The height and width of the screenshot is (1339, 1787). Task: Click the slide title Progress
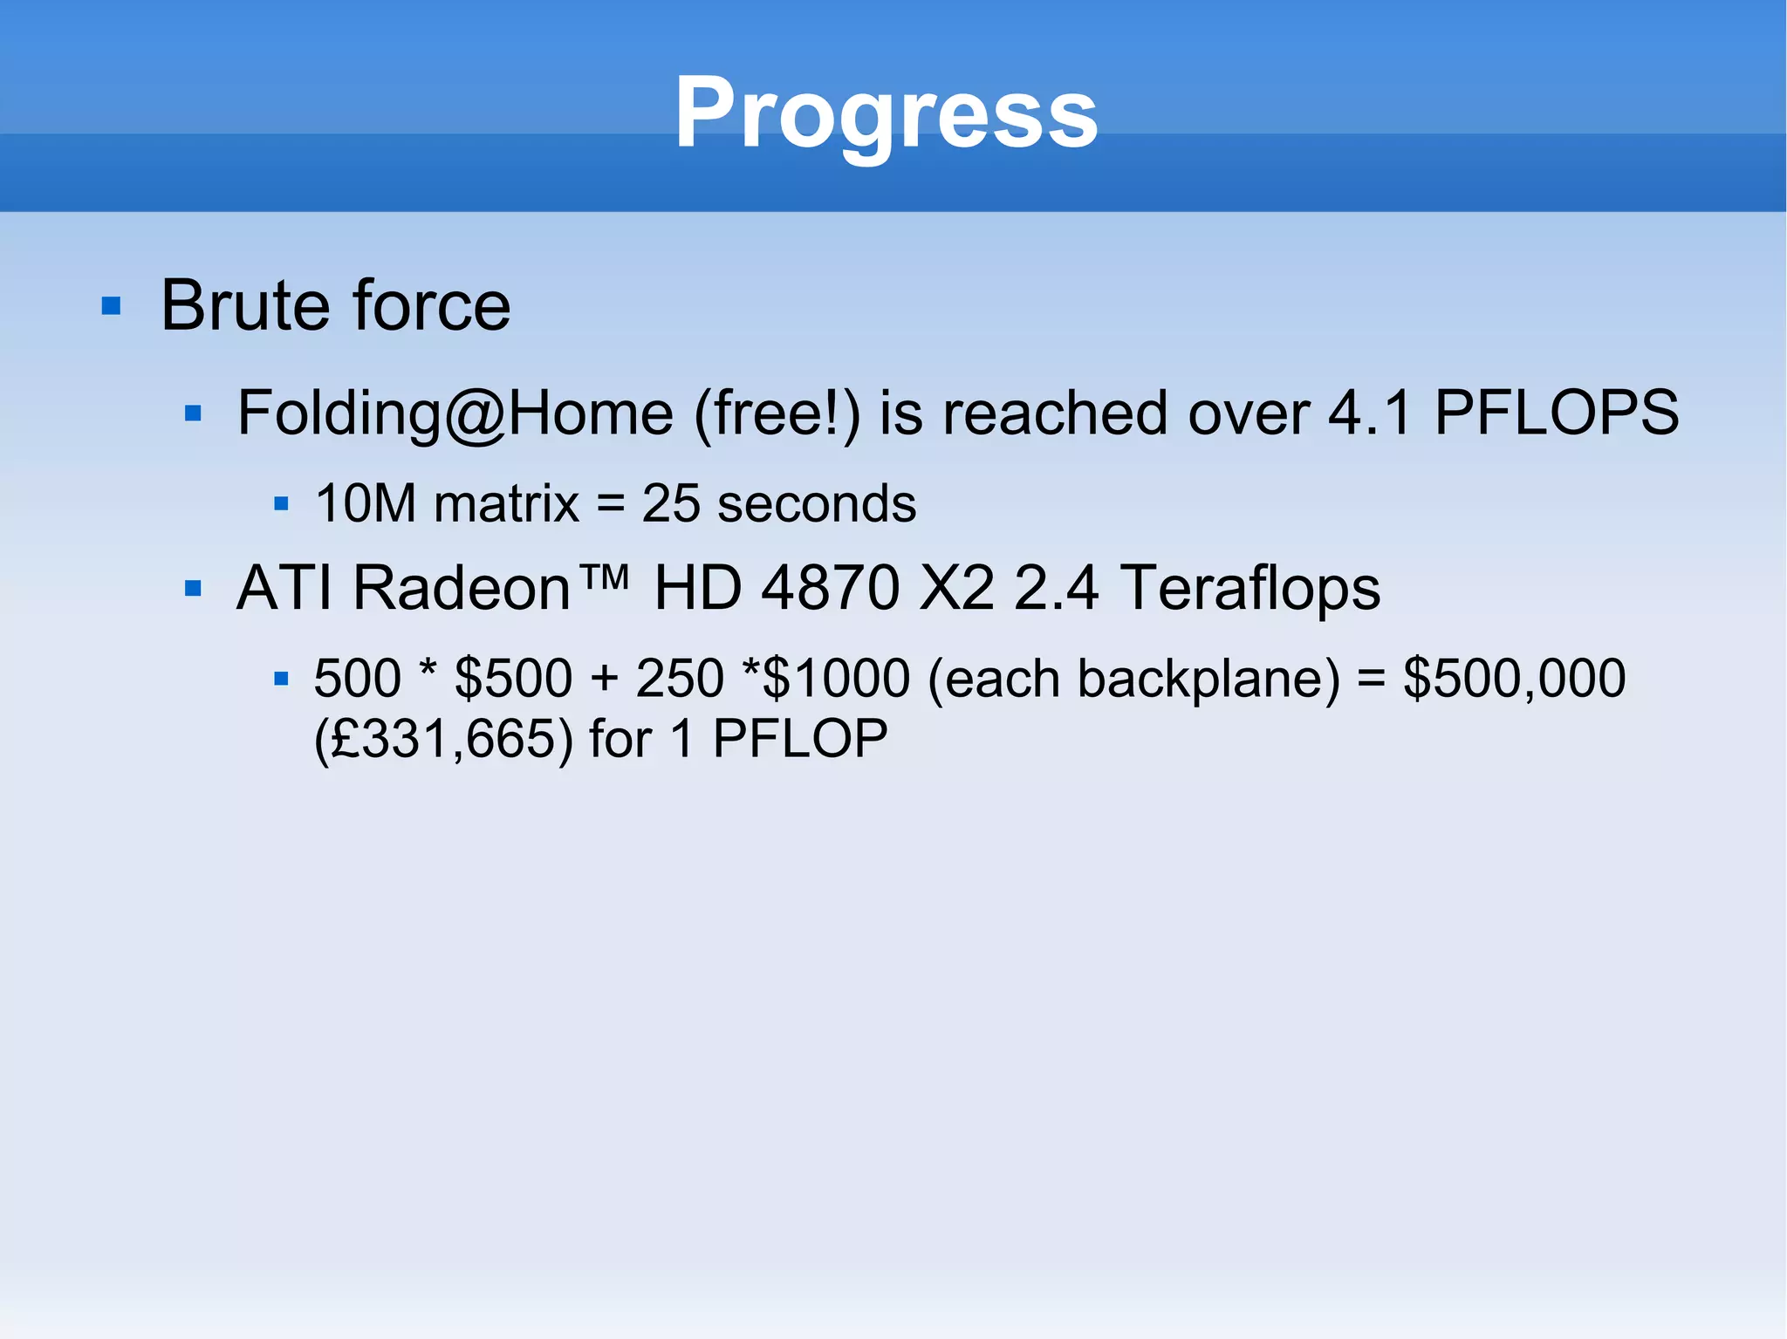pyautogui.click(x=886, y=113)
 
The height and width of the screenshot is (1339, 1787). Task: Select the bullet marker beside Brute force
pyautogui.click(x=111, y=306)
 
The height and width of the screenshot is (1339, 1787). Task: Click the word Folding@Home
pyautogui.click(x=455, y=413)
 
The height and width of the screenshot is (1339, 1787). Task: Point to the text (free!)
pyautogui.click(x=777, y=413)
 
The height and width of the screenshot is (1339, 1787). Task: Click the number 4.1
pyautogui.click(x=1368, y=413)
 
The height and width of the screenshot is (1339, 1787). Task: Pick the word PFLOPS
pyautogui.click(x=1557, y=413)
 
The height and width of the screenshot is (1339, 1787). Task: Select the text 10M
pyautogui.click(x=366, y=504)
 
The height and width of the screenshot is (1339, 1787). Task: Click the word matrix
pyautogui.click(x=506, y=504)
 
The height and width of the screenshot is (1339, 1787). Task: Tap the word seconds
pyautogui.click(x=817, y=504)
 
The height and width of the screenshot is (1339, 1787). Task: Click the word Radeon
pyautogui.click(x=462, y=588)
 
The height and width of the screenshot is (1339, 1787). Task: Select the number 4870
pyautogui.click(x=830, y=588)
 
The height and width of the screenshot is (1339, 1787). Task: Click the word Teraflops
pyautogui.click(x=1250, y=588)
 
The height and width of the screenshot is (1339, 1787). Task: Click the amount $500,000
pyautogui.click(x=1514, y=679)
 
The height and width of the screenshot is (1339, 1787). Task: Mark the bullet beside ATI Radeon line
pyautogui.click(x=194, y=589)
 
